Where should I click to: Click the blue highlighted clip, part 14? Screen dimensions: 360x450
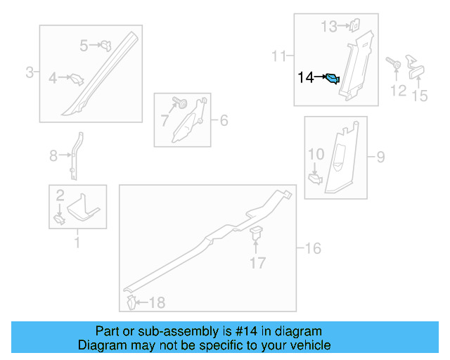click(335, 80)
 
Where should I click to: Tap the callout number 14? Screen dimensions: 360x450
click(307, 78)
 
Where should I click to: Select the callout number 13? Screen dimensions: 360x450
click(329, 27)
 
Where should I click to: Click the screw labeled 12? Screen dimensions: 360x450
click(395, 65)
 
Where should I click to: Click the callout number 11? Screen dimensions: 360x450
click(278, 55)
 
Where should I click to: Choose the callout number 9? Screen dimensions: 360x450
click(380, 157)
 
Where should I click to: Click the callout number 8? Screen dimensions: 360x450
click(53, 156)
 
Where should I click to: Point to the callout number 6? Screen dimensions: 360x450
click(224, 121)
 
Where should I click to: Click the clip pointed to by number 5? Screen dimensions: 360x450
click(106, 46)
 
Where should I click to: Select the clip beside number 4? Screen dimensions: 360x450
click(76, 79)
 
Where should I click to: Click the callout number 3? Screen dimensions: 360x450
click(30, 72)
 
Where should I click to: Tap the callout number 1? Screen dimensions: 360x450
click(77, 244)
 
